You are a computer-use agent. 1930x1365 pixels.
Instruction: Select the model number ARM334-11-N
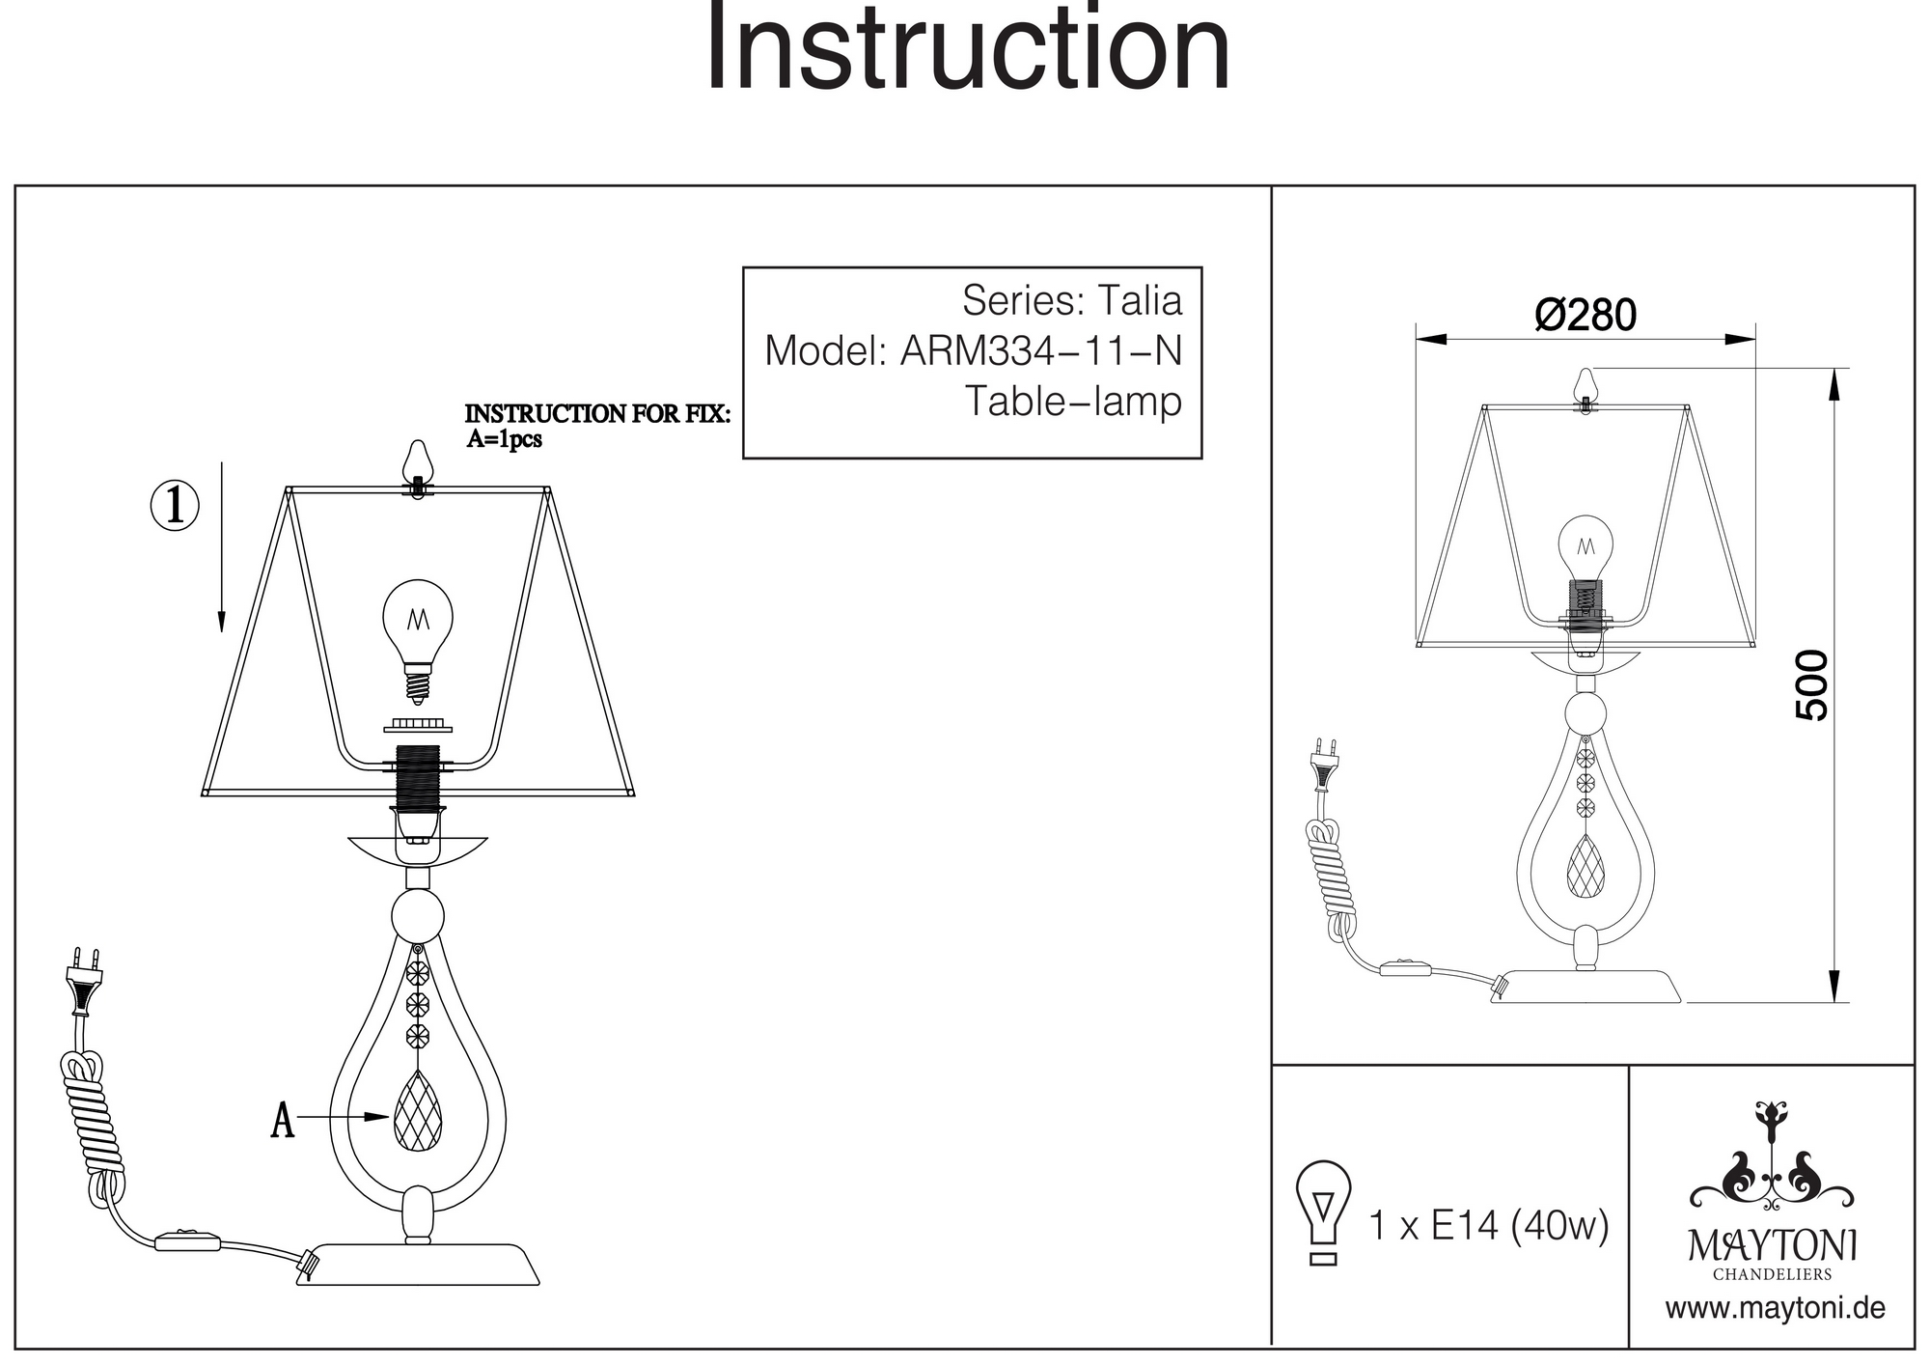pyautogui.click(x=1040, y=351)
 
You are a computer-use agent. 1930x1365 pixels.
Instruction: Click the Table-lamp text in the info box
pyautogui.click(x=1073, y=402)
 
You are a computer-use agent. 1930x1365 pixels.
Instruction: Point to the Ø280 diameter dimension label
pyautogui.click(x=1585, y=316)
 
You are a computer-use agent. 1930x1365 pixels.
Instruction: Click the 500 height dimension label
pyautogui.click(x=1812, y=685)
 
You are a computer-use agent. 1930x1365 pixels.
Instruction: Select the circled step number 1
pyautogui.click(x=175, y=506)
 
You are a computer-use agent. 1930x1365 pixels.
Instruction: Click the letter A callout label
pyautogui.click(x=282, y=1120)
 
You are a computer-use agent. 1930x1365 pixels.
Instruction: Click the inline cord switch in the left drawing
pyautogui.click(x=188, y=1240)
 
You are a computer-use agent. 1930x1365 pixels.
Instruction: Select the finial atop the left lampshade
pyautogui.click(x=418, y=465)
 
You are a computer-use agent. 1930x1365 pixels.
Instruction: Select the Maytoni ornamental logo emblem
pyautogui.click(x=1772, y=1158)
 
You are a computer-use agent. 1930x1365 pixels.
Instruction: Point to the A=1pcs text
pyautogui.click(x=504, y=440)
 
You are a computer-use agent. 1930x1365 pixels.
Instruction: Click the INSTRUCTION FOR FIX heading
pyautogui.click(x=597, y=414)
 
